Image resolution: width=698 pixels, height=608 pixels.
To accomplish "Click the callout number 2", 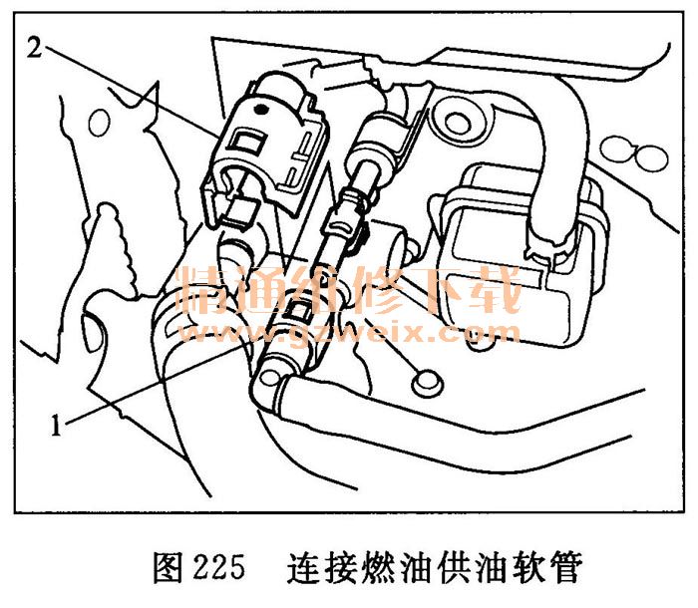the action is (x=34, y=48).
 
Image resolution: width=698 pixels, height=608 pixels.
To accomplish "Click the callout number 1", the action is (x=56, y=425).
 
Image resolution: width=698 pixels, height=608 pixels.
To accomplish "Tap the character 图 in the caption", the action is (x=169, y=567).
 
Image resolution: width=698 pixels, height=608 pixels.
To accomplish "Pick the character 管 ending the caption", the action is (x=567, y=567).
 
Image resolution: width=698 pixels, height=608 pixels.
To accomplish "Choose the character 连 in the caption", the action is (x=302, y=567).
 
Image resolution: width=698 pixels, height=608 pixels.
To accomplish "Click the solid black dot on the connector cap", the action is (x=260, y=108).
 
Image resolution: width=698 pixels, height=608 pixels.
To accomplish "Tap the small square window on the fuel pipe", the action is (x=297, y=308).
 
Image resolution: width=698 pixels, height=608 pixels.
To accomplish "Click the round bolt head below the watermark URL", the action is (x=427, y=383).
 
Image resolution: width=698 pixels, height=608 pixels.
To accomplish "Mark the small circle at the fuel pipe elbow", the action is (x=269, y=378).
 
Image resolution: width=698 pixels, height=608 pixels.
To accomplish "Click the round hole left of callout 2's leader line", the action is (x=99, y=124).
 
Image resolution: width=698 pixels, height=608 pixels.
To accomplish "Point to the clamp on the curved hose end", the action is (x=548, y=249).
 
